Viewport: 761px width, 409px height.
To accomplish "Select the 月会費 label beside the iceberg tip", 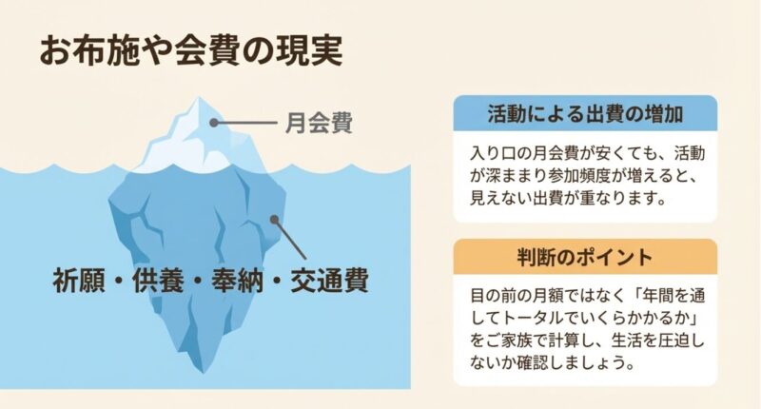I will pos(319,123).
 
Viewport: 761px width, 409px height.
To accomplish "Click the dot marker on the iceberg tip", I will pos(216,122).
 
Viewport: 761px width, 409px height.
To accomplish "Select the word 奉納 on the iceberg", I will pos(240,282).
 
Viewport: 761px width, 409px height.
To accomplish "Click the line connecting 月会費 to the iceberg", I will pos(248,122).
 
